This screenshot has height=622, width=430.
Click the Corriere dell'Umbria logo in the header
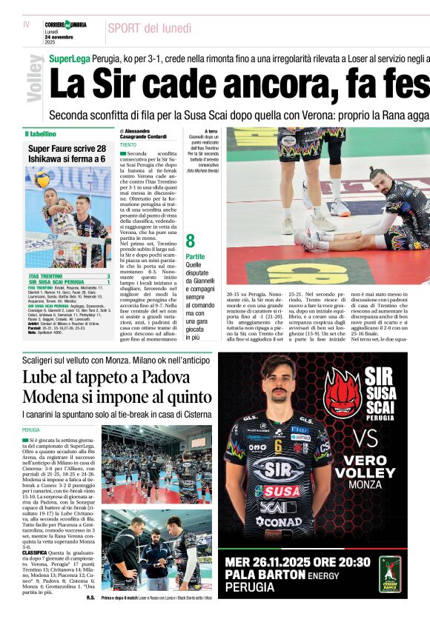pyautogui.click(x=65, y=25)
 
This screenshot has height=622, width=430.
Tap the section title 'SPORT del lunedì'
pyautogui.click(x=149, y=29)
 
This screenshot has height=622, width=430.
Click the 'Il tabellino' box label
pyautogui.click(x=41, y=134)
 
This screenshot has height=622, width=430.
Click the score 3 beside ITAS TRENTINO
pyautogui.click(x=108, y=276)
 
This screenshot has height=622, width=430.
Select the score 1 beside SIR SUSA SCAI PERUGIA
pyautogui.click(x=108, y=283)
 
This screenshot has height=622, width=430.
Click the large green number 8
pyautogui.click(x=190, y=241)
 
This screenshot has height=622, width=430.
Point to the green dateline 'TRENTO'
pyautogui.click(x=128, y=145)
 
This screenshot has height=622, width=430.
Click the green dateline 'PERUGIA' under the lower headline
pyautogui.click(x=31, y=429)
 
